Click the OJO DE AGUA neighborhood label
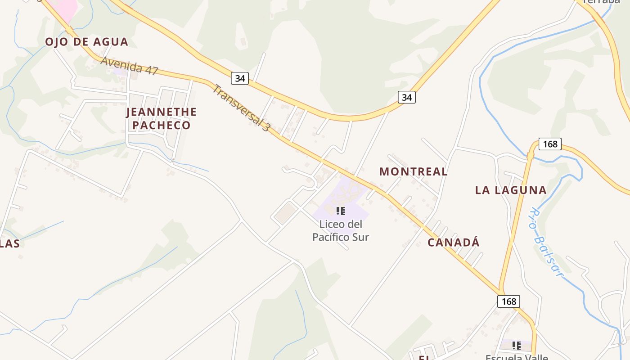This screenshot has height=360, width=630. [86, 42]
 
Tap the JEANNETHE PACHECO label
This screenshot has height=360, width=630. [162, 118]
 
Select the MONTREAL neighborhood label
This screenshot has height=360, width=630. [413, 171]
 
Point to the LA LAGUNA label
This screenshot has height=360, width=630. [511, 190]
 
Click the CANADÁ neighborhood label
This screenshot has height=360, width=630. [453, 243]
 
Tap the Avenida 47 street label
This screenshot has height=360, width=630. [130, 66]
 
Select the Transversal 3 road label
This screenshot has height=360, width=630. [241, 108]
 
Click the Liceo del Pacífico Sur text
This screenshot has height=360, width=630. [341, 230]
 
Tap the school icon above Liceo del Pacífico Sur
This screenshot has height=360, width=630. [341, 211]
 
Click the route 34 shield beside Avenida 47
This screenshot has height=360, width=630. [240, 78]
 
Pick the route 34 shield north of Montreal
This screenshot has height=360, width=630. [406, 97]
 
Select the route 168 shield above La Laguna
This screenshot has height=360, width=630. [550, 144]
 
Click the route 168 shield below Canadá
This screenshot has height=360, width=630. [508, 301]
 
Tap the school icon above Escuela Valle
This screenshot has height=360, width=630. [517, 346]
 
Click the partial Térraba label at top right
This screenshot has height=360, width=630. [601, 1]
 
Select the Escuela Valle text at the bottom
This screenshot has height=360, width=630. [517, 357]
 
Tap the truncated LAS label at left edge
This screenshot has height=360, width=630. [10, 244]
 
